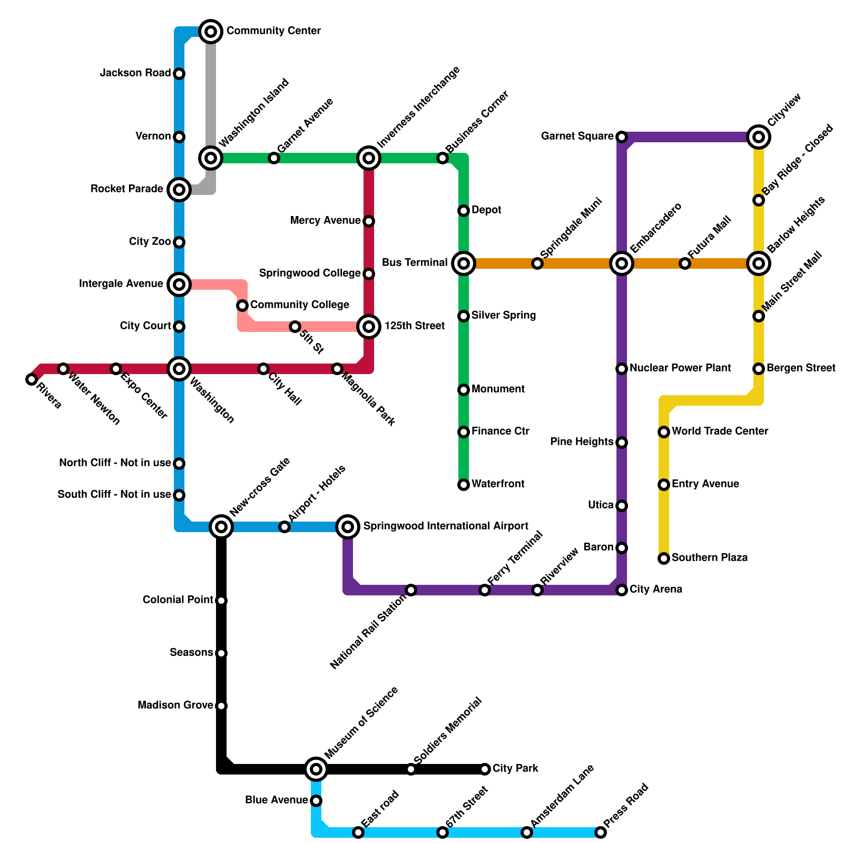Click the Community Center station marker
pos(211,32)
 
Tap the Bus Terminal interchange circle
pos(464,263)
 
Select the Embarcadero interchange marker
pos(622,263)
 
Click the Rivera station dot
pos(32,379)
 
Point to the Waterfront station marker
pos(464,485)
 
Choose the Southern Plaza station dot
pos(664,558)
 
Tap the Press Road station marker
pos(601,832)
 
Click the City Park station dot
pos(485,769)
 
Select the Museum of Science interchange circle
pos(316,769)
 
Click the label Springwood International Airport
pos(445,526)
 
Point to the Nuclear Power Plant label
pos(680,368)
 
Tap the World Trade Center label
pos(720,432)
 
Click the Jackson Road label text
pos(135,73)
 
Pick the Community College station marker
pos(242,306)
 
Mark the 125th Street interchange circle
pos(369,327)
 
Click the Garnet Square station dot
pos(622,137)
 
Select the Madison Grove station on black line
pos(221,706)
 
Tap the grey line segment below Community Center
pos(211,95)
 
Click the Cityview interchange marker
pos(759,137)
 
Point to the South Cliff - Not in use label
pos(114,495)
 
